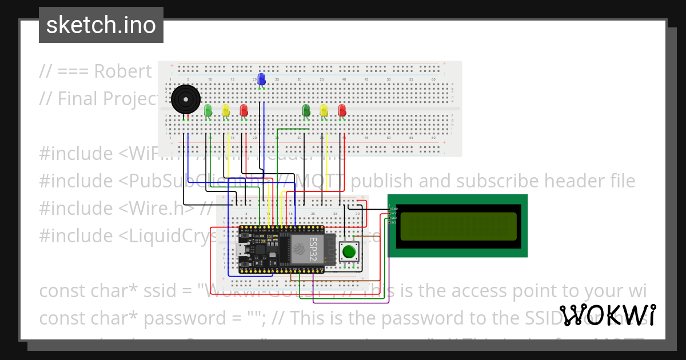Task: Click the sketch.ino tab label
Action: click(101, 25)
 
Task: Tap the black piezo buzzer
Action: click(186, 99)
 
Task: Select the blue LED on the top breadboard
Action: click(261, 79)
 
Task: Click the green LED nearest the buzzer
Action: click(208, 110)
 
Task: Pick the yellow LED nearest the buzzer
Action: click(226, 110)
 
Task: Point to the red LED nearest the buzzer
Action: click(244, 110)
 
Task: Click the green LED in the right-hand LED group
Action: click(306, 110)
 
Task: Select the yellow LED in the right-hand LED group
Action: click(324, 110)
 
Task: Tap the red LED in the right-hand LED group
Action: click(342, 110)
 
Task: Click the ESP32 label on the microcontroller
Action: click(314, 247)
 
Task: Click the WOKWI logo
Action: click(608, 315)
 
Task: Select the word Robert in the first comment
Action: click(123, 71)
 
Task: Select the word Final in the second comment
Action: click(77, 99)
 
